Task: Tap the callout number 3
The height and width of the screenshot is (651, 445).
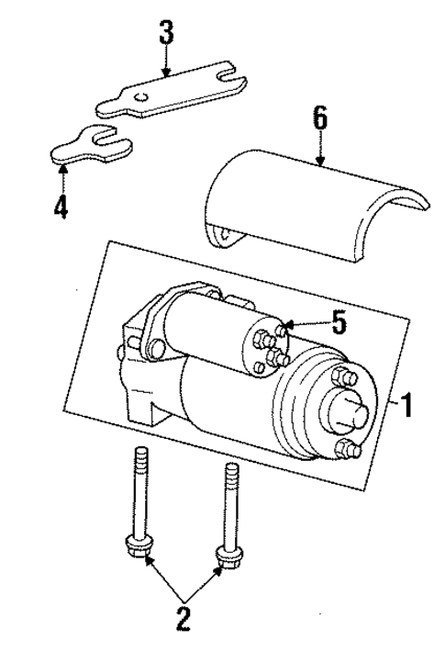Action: (165, 35)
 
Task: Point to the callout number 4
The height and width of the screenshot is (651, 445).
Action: (60, 207)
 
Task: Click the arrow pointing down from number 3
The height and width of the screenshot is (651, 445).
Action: (165, 63)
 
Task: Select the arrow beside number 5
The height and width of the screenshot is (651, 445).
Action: (303, 324)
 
